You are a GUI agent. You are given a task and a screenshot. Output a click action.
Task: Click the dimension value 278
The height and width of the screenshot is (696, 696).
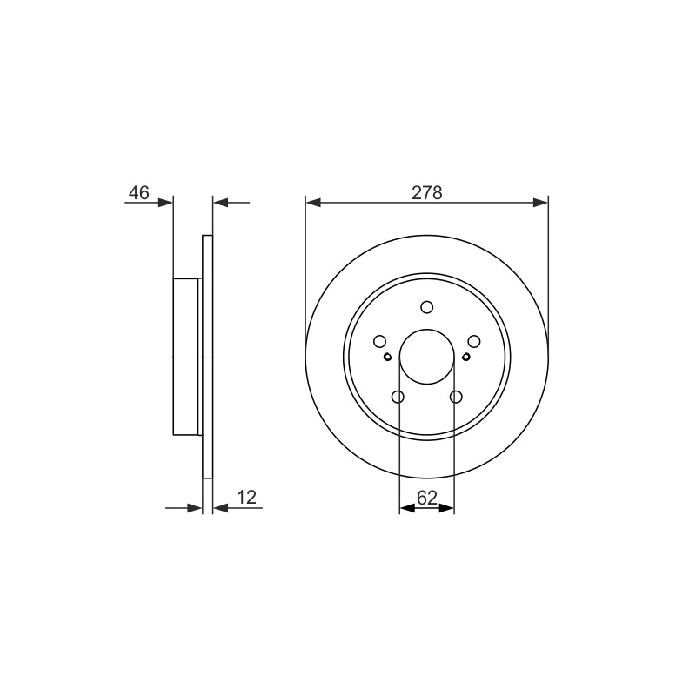[427, 193]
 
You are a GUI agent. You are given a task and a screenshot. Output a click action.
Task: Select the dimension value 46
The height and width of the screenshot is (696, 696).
[139, 193]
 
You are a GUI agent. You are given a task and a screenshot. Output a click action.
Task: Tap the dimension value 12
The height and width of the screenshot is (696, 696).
[247, 498]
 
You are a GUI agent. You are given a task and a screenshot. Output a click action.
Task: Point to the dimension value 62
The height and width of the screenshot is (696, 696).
[427, 498]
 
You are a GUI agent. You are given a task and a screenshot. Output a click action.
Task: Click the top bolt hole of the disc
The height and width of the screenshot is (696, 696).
[427, 307]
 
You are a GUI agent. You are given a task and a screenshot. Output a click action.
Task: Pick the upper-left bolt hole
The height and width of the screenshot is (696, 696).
[379, 341]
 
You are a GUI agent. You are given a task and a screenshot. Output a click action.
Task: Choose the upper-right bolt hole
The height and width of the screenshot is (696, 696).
[474, 341]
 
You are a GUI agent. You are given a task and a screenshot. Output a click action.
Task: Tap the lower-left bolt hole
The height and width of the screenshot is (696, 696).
[398, 397]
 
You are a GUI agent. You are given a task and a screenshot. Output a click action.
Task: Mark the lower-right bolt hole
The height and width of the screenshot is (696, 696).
[456, 397]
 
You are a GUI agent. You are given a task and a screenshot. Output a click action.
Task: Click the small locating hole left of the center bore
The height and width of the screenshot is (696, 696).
[387, 357]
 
